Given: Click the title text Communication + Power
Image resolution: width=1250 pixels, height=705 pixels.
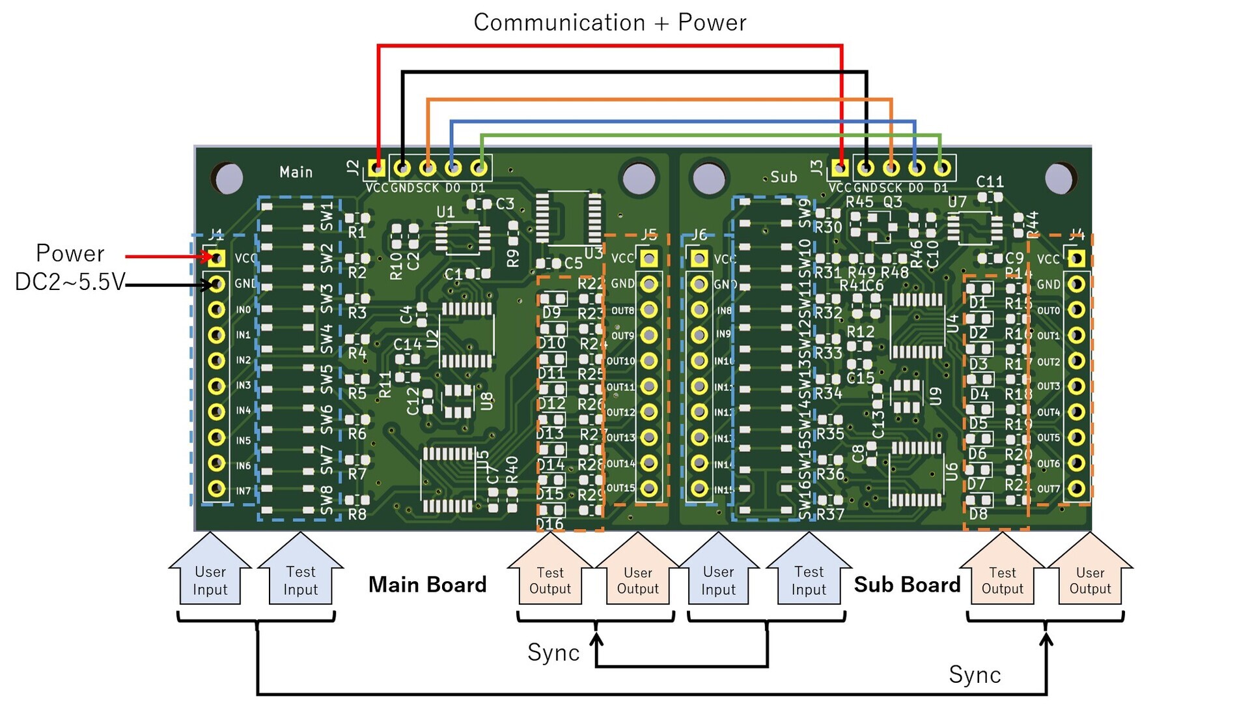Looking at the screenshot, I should coord(609,23).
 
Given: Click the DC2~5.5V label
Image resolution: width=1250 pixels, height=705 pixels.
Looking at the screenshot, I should coord(70,281).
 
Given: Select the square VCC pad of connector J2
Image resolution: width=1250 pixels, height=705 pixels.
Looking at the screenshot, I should coord(376,169).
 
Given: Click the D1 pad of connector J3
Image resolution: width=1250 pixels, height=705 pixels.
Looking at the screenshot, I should coord(941,169).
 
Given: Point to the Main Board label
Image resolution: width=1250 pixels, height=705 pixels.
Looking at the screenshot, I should coord(427,584).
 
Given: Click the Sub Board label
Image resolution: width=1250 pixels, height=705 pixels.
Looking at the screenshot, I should coord(907,584).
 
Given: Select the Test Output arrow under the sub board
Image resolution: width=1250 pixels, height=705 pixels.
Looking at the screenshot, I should coord(1002,573).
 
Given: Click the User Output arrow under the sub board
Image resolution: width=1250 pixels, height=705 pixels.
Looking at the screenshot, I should coord(1090,573).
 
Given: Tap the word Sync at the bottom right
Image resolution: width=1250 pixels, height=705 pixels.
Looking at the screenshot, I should coord(974,675).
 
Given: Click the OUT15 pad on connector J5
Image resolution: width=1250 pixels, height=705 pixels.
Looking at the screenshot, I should coord(648,488).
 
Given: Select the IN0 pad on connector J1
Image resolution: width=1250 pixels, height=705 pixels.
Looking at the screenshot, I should coord(216,309).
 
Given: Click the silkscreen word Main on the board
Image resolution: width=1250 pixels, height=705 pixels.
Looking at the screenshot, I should coord(296,173).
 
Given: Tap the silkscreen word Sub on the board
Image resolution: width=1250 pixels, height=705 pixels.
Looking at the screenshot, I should coord(783,177).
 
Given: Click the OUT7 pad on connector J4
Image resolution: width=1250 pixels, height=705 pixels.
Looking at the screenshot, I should coord(1077,489).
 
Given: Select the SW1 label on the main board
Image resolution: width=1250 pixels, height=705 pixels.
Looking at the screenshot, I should coord(327,216).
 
